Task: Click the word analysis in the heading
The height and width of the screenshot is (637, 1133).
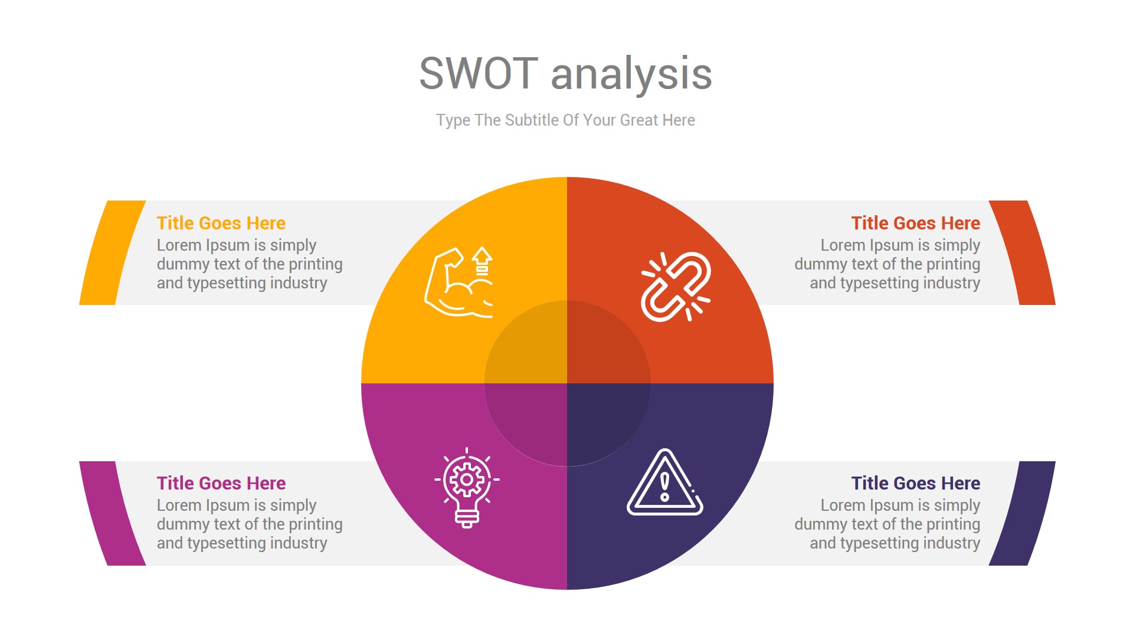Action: tap(631, 75)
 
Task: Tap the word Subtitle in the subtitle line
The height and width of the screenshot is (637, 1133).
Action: tap(532, 120)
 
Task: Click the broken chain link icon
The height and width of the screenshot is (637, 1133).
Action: tap(676, 287)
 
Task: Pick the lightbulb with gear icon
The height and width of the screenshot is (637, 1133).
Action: tap(467, 487)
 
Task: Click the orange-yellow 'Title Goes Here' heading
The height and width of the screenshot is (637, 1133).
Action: tap(221, 223)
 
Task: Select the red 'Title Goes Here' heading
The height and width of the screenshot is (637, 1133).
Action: tap(915, 223)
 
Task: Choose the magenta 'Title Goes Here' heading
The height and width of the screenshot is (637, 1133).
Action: tap(221, 483)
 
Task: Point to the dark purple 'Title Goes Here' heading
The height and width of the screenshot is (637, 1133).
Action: tap(915, 483)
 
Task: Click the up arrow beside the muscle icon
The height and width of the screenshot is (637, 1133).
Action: tap(482, 260)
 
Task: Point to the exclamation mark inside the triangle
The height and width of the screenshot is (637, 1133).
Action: tap(665, 487)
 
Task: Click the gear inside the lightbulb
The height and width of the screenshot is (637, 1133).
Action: tap(467, 479)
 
